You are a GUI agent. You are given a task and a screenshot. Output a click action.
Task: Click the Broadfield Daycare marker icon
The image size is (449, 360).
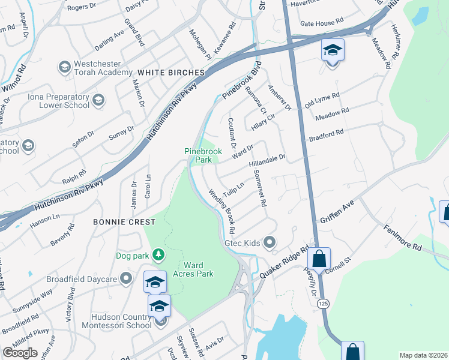(125, 278)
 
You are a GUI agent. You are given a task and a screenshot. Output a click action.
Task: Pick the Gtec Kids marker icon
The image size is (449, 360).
(270, 243)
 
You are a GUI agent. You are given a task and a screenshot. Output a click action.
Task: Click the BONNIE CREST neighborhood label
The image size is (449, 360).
(124, 222)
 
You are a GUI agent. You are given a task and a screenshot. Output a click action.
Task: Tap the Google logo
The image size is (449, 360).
(20, 352)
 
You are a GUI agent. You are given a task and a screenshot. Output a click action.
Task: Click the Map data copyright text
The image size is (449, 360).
(423, 355)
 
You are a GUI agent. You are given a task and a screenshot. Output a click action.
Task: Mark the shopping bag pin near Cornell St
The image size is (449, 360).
(319, 259)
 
